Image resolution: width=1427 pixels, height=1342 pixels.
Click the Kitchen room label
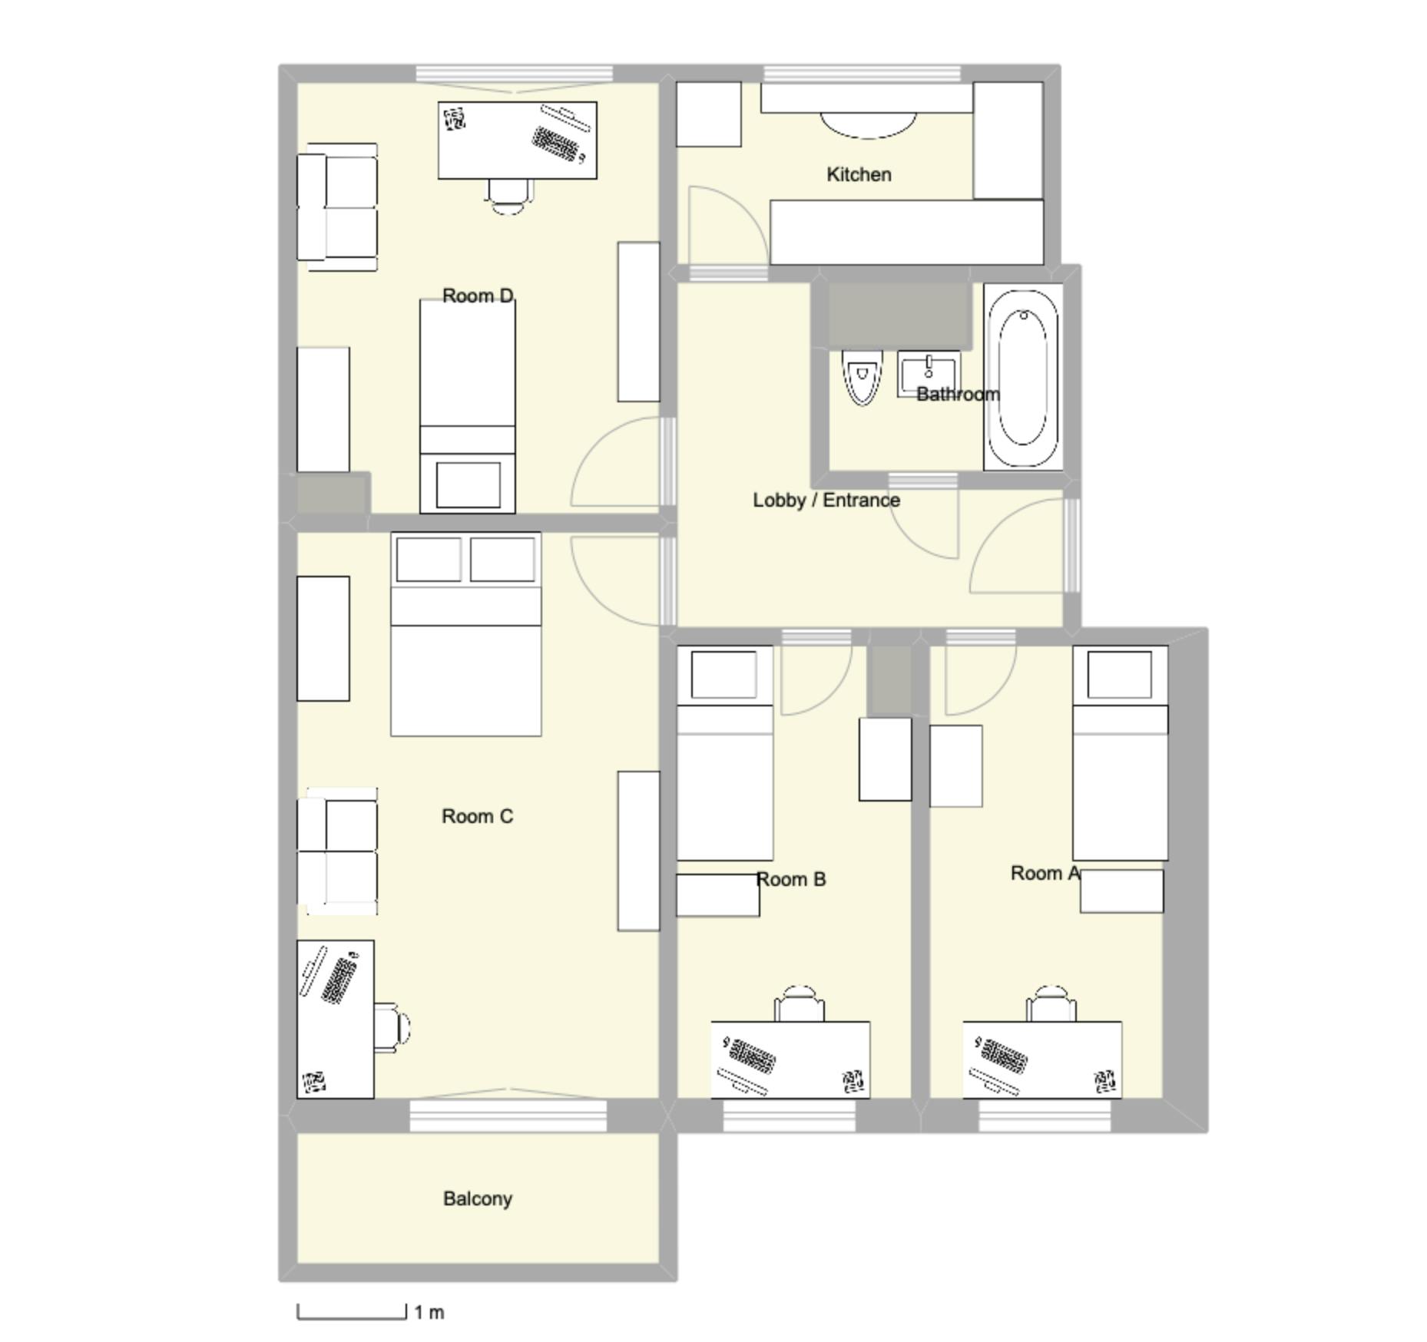[859, 174]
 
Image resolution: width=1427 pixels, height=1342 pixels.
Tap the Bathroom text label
[958, 394]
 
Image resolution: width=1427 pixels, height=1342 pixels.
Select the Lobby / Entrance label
[826, 500]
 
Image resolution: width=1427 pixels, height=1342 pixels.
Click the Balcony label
[477, 1198]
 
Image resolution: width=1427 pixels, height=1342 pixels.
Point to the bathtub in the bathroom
[1022, 378]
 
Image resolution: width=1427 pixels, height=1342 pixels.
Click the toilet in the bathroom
[861, 377]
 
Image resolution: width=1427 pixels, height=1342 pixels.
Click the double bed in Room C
[466, 634]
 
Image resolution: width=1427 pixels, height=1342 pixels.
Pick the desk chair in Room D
[508, 197]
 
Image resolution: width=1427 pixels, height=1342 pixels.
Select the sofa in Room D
[339, 207]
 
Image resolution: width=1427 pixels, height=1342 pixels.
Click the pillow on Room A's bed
[1120, 674]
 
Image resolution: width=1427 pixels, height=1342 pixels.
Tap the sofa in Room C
[339, 851]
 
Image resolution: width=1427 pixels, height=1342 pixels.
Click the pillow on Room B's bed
[723, 674]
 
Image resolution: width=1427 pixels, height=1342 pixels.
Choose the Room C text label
[477, 816]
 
